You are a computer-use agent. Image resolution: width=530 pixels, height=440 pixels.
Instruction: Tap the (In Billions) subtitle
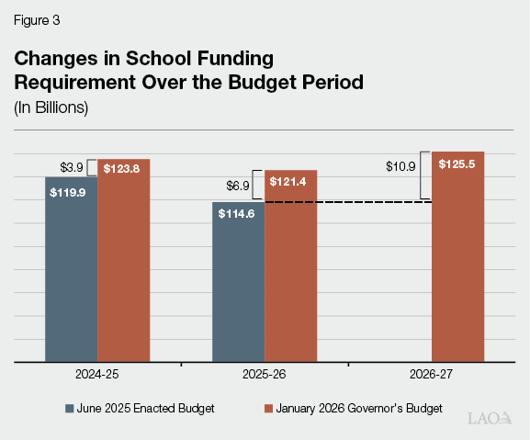(51, 107)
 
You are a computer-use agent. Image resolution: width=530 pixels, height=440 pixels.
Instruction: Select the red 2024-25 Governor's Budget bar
(123, 266)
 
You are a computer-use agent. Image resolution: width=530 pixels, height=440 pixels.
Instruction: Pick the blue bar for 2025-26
(238, 285)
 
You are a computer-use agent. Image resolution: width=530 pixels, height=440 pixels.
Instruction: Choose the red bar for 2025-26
(290, 271)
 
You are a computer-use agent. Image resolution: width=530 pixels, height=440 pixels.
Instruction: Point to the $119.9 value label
(72, 194)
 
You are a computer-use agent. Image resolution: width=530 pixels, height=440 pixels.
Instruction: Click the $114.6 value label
(238, 213)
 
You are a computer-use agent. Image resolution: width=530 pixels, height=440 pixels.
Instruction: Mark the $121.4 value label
(290, 181)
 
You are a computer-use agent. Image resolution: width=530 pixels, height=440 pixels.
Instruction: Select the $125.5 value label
(457, 164)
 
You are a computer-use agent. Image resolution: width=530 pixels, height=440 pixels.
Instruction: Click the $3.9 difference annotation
(72, 166)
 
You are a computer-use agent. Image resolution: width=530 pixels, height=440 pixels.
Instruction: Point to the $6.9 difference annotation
(238, 186)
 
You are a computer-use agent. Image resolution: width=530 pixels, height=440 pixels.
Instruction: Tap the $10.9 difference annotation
(400, 166)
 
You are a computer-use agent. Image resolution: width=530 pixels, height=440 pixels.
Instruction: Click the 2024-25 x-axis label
(96, 377)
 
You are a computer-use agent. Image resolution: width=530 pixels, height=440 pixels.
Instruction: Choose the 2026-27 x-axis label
(431, 377)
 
